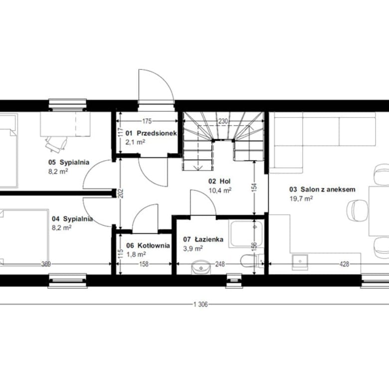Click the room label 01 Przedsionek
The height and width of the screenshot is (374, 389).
151,133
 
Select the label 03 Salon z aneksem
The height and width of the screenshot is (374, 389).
322,189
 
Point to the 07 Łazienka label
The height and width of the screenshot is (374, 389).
203,239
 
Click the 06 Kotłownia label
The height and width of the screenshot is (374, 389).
148,245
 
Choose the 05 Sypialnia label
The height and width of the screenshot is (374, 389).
69,163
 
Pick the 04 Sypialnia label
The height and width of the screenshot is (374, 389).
72,219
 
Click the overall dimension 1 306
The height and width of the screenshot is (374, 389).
200,304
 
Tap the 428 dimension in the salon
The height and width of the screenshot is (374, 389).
344,264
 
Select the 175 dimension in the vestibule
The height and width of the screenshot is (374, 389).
147,121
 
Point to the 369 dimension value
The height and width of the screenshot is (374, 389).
46,264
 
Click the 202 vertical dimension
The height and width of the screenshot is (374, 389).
121,193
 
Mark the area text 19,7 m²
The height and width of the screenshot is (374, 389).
301,198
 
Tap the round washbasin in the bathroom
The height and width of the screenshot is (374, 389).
200,267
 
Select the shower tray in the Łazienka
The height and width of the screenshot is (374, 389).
246,234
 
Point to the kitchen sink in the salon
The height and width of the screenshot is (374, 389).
300,262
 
